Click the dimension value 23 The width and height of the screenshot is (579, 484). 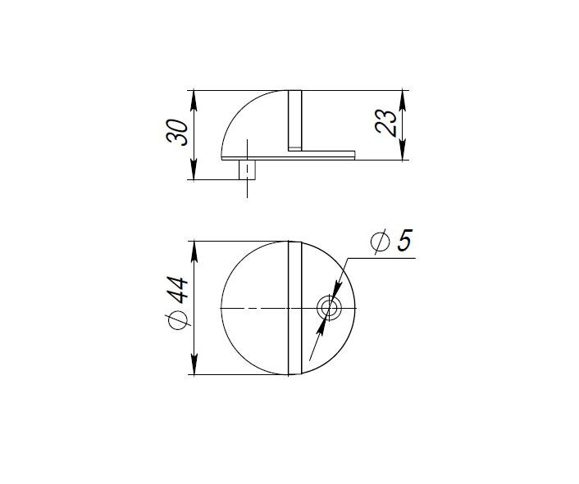click(390, 123)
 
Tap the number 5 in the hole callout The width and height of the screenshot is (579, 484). click(403, 242)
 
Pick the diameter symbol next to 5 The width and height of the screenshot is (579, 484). click(380, 242)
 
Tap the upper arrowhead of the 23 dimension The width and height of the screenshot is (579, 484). click(403, 97)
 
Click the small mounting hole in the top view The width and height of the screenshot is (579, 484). click(329, 308)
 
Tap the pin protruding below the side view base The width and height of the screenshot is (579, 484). click(246, 170)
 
